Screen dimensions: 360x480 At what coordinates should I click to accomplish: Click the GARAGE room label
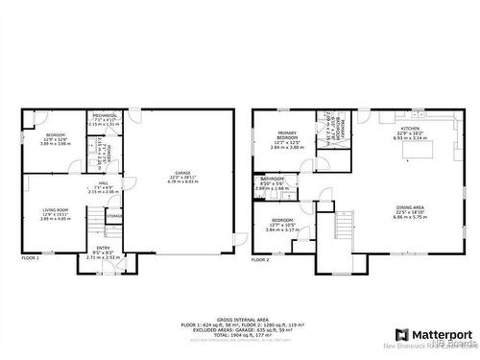click(183, 172)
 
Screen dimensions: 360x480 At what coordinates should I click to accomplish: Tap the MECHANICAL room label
click(105, 116)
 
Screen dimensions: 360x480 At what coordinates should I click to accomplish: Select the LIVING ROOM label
click(56, 209)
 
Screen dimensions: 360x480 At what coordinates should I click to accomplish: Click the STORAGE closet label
click(114, 216)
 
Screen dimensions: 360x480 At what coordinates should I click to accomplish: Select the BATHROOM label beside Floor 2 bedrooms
click(273, 180)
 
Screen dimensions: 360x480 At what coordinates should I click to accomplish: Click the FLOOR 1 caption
click(31, 258)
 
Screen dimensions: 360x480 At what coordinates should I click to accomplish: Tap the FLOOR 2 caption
click(261, 259)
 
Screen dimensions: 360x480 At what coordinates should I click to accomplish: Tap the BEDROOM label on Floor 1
click(56, 135)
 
